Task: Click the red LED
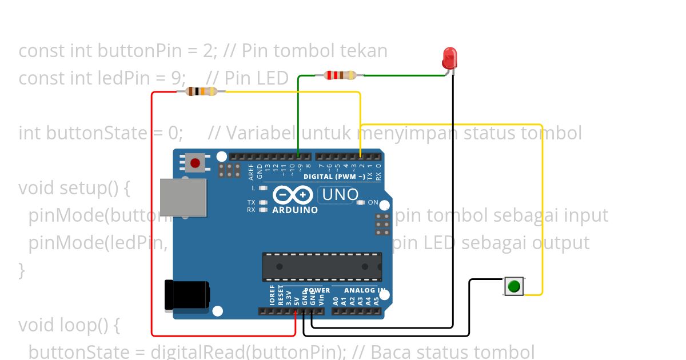click(450, 59)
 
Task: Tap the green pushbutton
click(513, 286)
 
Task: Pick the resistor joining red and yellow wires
click(202, 91)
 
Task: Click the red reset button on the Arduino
click(195, 163)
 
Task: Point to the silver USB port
click(182, 197)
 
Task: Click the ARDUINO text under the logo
click(295, 210)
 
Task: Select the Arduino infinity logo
click(293, 195)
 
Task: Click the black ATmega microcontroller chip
click(322, 266)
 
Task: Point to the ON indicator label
click(373, 202)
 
